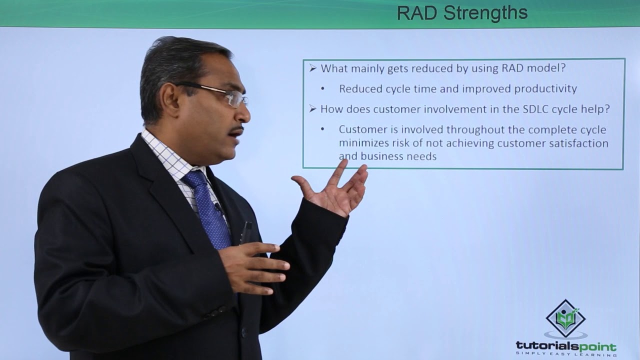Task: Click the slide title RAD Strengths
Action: [x=462, y=13]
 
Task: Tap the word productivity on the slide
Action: [x=546, y=89]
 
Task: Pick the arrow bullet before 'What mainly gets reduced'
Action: [x=313, y=68]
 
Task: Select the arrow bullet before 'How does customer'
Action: [x=313, y=109]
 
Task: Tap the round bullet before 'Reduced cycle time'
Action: [x=323, y=89]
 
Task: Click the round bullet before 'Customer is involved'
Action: [x=323, y=129]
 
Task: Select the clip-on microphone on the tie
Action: [x=218, y=206]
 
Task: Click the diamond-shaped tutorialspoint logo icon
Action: [x=565, y=318]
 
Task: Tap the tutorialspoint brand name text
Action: [x=566, y=346]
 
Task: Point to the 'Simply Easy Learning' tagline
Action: [x=566, y=354]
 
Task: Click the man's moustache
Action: [x=236, y=131]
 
